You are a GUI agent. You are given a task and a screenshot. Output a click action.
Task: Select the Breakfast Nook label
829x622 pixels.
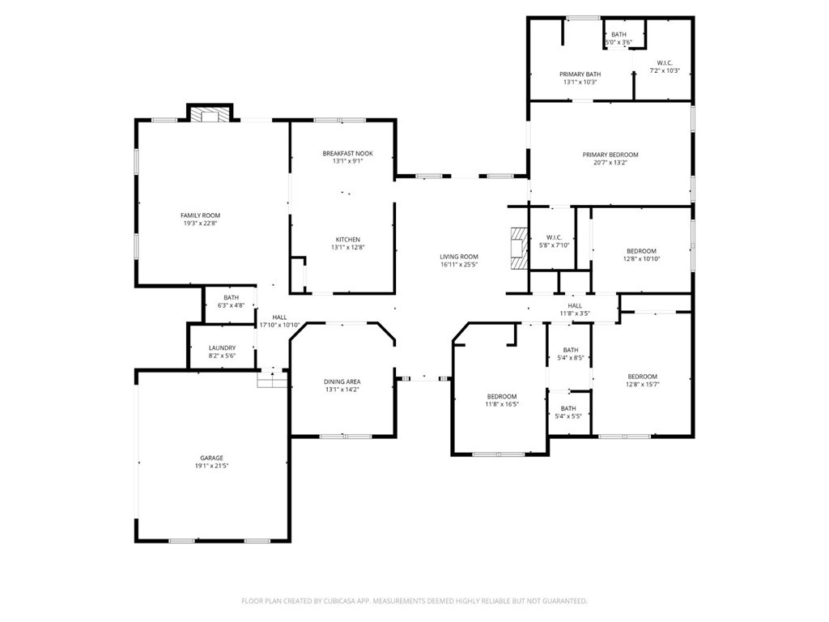point(347,153)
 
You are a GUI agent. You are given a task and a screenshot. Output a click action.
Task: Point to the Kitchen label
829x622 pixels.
point(347,239)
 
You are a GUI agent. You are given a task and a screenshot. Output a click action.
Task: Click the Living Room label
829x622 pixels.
point(459,257)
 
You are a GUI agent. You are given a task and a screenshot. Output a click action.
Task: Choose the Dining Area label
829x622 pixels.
point(342,381)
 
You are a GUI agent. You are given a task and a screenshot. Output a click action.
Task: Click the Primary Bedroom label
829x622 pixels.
point(610,155)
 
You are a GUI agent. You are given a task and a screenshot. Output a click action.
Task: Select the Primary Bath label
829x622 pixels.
point(580,74)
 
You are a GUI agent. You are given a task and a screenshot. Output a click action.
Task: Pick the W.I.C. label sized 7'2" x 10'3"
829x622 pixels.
point(664,62)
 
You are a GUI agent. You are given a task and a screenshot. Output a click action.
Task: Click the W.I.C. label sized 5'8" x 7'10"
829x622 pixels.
point(554,237)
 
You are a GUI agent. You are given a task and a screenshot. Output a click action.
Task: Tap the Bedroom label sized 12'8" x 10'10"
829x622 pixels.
point(641,251)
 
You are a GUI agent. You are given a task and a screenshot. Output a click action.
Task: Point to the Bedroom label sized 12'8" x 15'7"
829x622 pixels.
point(642,376)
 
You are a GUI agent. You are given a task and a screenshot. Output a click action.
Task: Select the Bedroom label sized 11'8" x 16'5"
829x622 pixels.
point(501,396)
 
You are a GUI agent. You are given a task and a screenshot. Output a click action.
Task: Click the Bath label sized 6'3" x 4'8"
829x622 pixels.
point(231,297)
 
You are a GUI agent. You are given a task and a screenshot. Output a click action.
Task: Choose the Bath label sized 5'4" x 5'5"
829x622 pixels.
point(568,408)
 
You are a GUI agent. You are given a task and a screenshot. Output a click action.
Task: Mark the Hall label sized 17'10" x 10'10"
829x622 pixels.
point(279,317)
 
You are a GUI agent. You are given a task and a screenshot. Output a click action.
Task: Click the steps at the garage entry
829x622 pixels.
point(272,378)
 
